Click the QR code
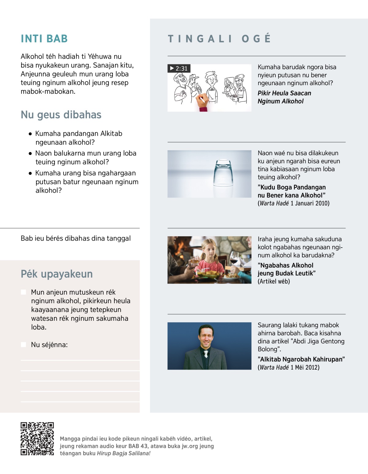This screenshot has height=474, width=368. point(37,438)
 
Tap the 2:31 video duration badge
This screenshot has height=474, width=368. point(179,68)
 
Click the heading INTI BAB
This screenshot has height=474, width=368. point(44,39)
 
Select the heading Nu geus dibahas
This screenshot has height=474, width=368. point(61,115)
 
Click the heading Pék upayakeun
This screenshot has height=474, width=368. point(56,274)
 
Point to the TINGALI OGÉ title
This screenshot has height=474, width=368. point(219,39)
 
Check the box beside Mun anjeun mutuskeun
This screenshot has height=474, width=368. point(24,292)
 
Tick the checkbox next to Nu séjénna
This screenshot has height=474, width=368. point(24,344)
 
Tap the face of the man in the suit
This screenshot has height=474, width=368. point(206,336)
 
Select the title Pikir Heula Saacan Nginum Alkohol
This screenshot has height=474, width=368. point(284,97)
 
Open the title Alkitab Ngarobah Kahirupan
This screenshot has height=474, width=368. point(301,359)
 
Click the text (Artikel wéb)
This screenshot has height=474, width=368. point(274,281)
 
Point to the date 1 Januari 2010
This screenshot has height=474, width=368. point(310,203)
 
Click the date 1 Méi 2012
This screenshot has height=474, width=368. point(305,367)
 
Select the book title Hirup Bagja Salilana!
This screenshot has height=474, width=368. point(124,453)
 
